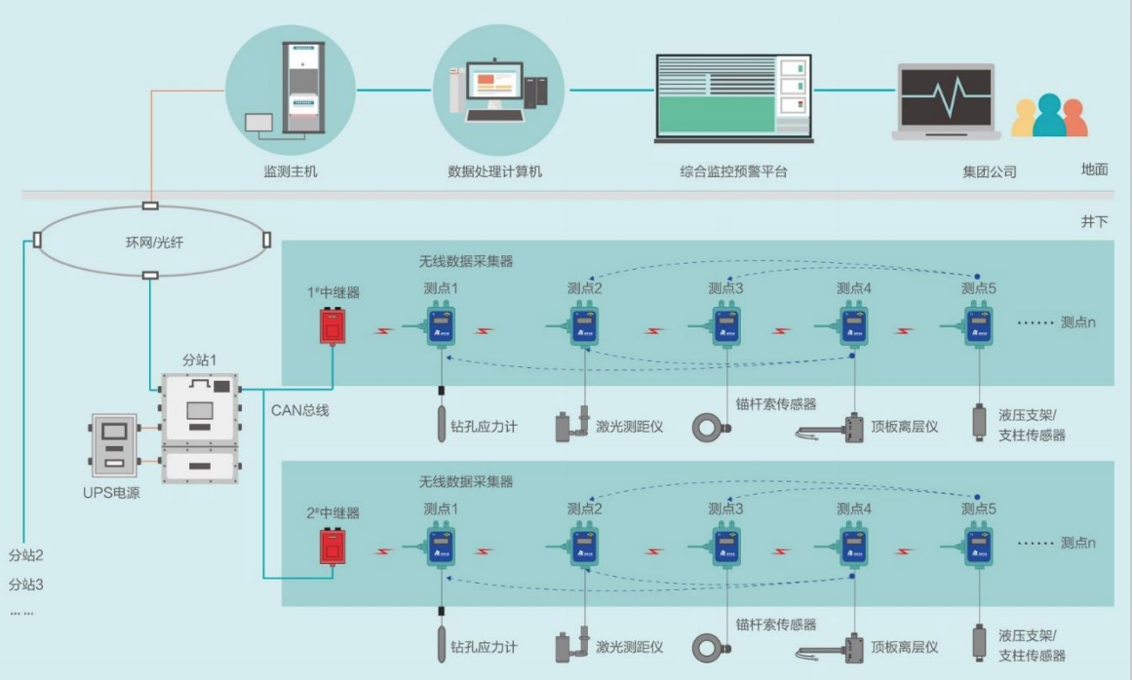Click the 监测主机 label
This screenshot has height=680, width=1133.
tap(291, 171)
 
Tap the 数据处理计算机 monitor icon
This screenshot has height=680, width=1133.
tap(495, 85)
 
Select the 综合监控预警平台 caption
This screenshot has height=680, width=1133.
tap(733, 171)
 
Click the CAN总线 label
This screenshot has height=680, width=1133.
tap(299, 410)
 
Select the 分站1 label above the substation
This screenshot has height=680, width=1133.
tap(199, 360)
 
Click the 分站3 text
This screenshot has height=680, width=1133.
tap(26, 585)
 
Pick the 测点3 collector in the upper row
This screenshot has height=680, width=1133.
tap(725, 326)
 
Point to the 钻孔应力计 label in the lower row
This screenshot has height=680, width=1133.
tap(484, 647)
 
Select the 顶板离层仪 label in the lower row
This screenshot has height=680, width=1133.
tap(905, 647)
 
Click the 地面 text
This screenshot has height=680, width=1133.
tap(1094, 169)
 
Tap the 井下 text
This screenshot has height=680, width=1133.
tap(1094, 222)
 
